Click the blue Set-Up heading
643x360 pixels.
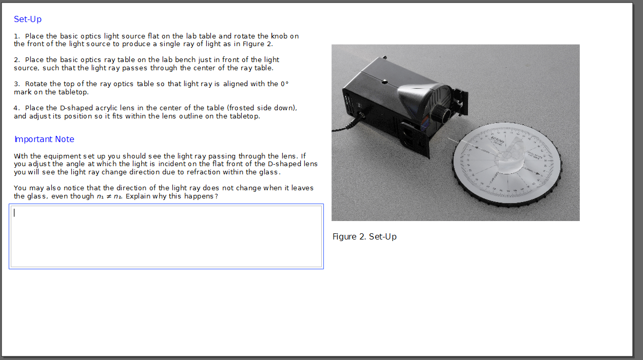[28, 19]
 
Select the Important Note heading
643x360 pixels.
[44, 139]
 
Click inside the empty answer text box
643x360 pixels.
[166, 236]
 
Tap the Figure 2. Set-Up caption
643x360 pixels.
[364, 237]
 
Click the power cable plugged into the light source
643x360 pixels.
[344, 127]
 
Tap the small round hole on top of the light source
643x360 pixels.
[384, 81]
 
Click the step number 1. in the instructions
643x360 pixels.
[17, 36]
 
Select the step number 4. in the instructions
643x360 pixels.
[17, 108]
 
